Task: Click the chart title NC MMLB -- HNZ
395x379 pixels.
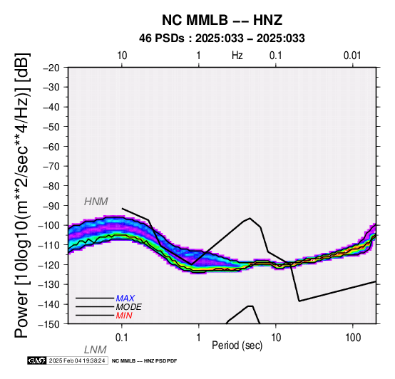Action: pos(222,20)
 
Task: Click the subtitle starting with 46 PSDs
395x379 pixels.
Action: pos(222,38)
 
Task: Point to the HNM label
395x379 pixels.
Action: pos(96,202)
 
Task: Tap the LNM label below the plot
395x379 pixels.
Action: pos(96,350)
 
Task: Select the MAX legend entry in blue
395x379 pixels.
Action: pos(125,298)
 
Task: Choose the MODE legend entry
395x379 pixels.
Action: pos(129,307)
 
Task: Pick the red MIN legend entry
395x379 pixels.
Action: pos(124,316)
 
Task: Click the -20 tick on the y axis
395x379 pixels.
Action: pos(51,68)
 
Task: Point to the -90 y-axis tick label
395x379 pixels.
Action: pos(51,206)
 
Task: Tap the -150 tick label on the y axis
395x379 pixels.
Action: pos(49,324)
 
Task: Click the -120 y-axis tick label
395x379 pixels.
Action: pos(49,265)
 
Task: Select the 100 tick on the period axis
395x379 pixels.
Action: pos(353,338)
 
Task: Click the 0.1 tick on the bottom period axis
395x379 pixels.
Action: pos(122,338)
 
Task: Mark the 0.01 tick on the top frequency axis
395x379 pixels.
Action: pos(352,56)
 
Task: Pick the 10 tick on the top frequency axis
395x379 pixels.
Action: pos(122,56)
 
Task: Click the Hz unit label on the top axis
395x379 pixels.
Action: pos(237,56)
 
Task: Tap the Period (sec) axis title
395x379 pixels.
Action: pos(237,346)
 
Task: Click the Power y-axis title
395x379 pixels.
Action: pos(23,195)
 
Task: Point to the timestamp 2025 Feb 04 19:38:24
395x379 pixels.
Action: pos(77,360)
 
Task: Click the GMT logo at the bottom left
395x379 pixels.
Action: pos(37,360)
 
